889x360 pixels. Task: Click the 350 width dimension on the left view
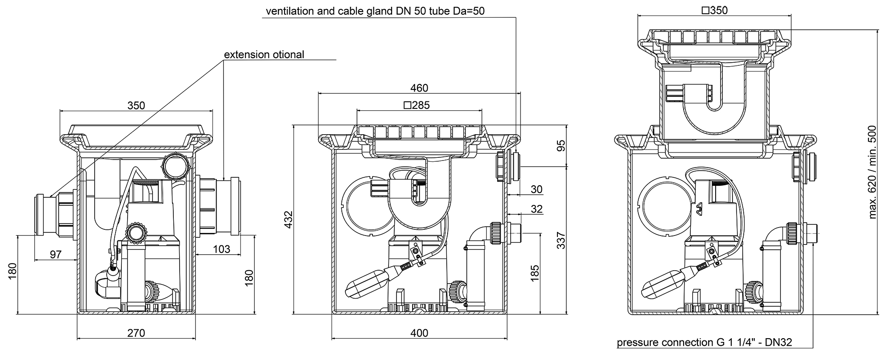coord(136,105)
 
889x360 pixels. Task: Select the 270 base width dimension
coord(136,333)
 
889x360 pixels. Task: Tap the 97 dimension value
coord(56,255)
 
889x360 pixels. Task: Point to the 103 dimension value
coord(221,249)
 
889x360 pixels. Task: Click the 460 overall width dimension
coord(419,88)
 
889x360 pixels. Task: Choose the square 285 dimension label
coord(416,105)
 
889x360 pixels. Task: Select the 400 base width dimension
coord(419,333)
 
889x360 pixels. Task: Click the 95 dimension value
coord(561,146)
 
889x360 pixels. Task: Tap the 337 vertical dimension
coord(561,240)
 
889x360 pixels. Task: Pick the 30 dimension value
coord(537,189)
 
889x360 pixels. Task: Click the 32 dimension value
coord(537,209)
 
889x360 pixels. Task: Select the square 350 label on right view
coord(714,10)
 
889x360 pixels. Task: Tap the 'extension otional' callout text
coord(264,55)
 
